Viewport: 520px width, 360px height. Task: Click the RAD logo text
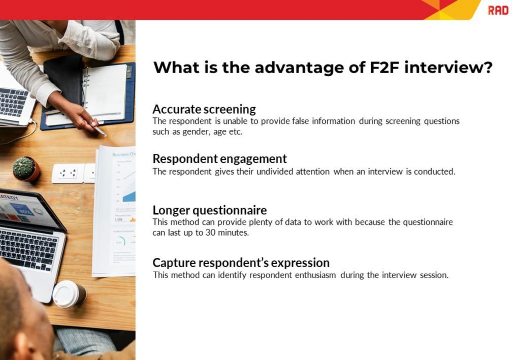pos(498,10)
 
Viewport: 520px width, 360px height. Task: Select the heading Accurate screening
pos(204,109)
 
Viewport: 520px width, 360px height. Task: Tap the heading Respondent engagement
pos(219,158)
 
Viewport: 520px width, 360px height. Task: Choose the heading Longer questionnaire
pos(209,210)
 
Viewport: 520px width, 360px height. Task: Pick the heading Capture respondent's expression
pos(241,263)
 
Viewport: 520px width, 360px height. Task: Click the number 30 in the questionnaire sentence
pos(221,233)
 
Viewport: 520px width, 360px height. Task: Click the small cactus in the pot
pos(24,167)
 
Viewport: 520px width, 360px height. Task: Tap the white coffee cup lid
pos(67,293)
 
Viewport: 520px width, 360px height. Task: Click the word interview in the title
pos(445,68)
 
